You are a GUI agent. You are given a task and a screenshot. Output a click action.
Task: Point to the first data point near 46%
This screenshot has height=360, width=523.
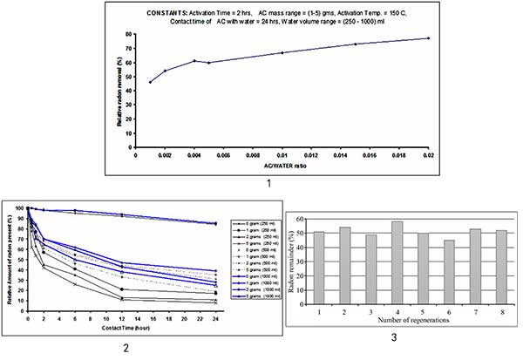point(150,82)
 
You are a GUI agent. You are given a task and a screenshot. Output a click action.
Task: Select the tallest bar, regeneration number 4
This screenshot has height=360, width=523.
point(397,260)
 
